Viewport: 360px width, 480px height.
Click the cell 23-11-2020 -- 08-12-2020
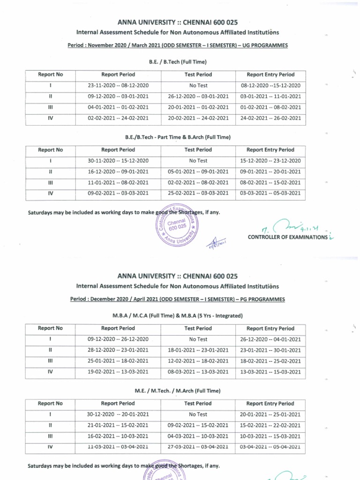(118, 86)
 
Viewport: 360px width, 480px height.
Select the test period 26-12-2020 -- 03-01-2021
(198, 97)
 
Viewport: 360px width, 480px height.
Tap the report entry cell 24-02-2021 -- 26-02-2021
(270, 118)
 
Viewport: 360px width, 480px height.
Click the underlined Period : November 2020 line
(178, 45)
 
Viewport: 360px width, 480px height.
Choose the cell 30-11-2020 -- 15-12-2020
(118, 161)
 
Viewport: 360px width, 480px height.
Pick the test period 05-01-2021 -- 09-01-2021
(198, 172)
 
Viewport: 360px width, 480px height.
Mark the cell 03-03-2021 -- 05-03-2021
(270, 193)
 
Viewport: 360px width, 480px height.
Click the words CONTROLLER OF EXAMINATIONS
(287, 237)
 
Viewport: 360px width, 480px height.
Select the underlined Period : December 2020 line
(178, 299)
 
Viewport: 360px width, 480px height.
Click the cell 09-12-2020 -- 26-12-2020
(118, 339)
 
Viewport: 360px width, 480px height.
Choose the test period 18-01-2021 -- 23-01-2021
(198, 350)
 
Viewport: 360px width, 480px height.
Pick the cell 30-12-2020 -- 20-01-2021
(118, 414)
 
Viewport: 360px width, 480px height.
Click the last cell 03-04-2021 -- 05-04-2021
(270, 447)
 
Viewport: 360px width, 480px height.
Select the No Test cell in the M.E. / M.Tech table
(198, 414)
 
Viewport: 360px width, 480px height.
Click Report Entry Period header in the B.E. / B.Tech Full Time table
(270, 75)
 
